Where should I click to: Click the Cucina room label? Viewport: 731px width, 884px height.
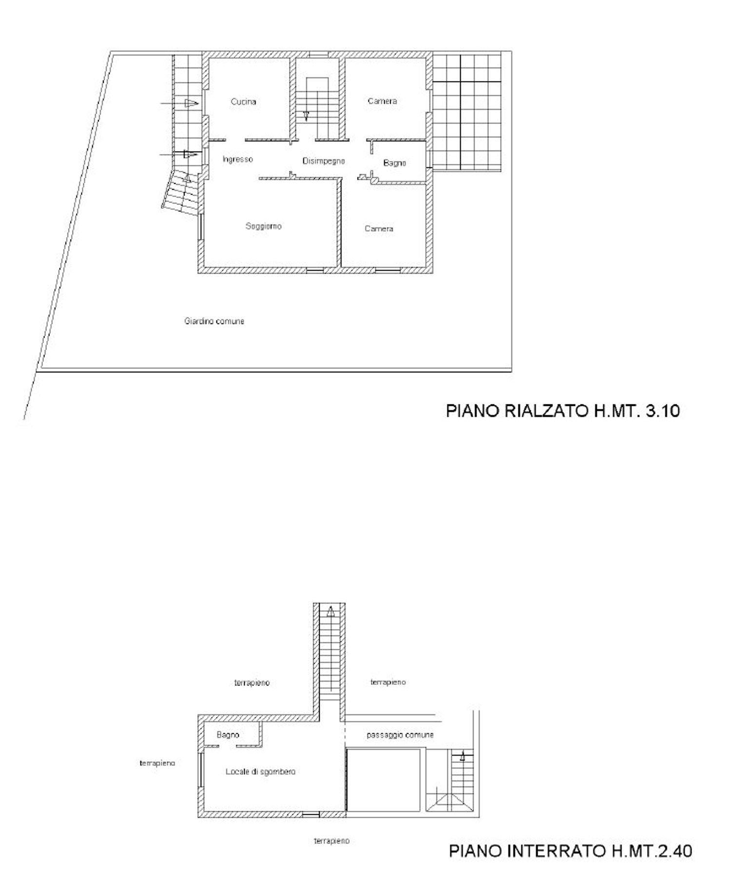pos(243,101)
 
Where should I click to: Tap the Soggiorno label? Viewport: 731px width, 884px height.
pos(263,226)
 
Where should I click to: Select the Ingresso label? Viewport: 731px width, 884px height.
pos(238,160)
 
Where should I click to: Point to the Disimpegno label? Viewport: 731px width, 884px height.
pos(324,161)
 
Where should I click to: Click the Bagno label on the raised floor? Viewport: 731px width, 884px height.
pos(394,163)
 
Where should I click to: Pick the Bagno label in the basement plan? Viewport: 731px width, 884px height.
pos(228,735)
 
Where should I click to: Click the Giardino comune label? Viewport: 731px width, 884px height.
pos(214,321)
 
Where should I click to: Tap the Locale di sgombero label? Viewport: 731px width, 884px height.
pos(261,772)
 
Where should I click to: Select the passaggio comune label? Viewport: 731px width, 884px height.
pos(400,735)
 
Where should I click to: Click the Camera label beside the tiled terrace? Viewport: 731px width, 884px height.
pos(382,101)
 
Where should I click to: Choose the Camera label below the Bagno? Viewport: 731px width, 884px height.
pos(379,229)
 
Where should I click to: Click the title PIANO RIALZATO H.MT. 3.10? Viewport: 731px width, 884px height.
pos(563,411)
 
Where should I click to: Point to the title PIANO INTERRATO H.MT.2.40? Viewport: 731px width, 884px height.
pos(570,851)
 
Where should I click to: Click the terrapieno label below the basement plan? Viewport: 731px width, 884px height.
pos(331,841)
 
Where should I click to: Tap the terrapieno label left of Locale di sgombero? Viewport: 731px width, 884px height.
pos(157,763)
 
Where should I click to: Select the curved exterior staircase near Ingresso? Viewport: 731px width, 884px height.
pos(181,192)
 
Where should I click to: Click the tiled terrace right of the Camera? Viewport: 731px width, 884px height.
pos(467,112)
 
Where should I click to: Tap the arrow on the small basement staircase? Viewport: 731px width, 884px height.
pos(463,757)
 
